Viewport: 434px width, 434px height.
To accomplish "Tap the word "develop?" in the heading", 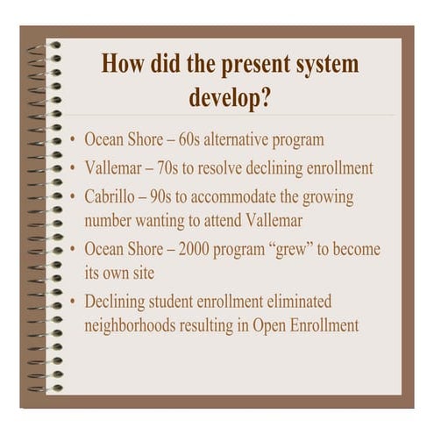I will (230, 96).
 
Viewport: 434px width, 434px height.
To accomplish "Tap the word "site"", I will (141, 273).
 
